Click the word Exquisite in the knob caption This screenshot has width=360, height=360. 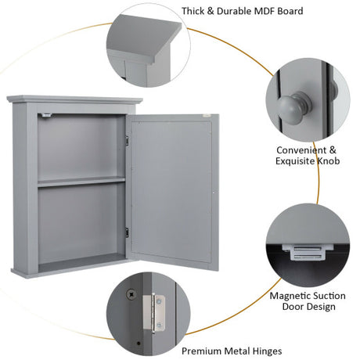tap(295, 161)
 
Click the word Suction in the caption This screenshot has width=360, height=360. tap(329, 296)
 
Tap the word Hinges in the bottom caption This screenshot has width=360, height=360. tap(267, 351)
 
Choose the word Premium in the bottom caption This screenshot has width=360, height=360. tap(202, 351)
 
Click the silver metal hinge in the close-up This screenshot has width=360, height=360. tap(153, 313)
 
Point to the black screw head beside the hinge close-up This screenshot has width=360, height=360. tap(131, 294)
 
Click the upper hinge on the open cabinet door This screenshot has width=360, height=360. tap(128, 140)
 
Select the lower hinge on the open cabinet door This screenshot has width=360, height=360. tap(127, 232)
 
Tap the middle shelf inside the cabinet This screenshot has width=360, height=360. tap(81, 182)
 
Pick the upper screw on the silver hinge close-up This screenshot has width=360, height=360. tap(158, 302)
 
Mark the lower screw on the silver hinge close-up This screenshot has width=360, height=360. tap(158, 326)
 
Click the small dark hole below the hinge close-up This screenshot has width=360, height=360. tap(139, 344)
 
